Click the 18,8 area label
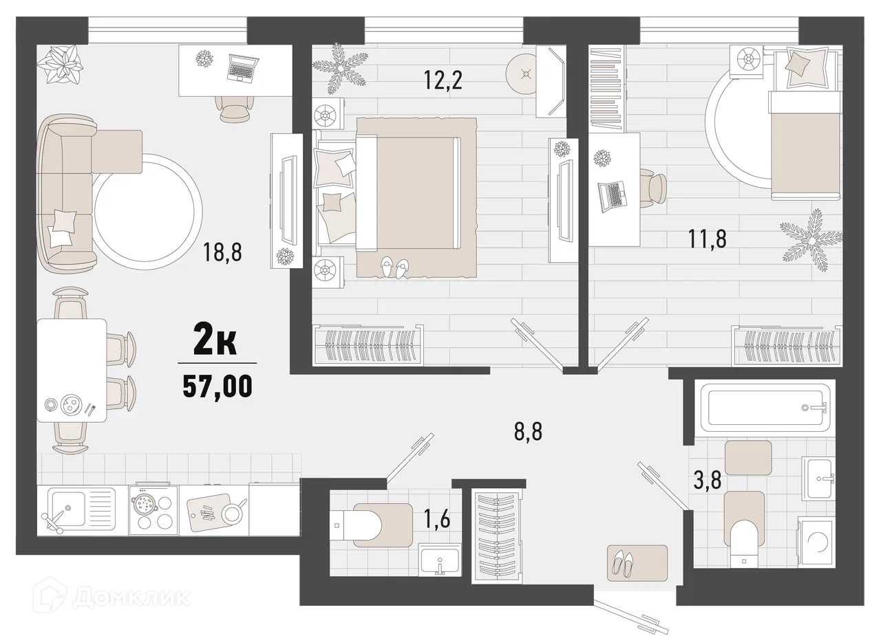(x=222, y=252)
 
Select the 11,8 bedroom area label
(x=707, y=239)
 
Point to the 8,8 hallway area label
(x=528, y=431)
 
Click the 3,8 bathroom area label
(x=707, y=481)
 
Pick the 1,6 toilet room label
(x=436, y=518)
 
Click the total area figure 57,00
(x=217, y=386)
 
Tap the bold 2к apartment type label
(x=215, y=341)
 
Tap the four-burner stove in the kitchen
(x=153, y=511)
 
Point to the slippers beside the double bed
(x=394, y=267)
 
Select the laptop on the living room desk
(x=243, y=67)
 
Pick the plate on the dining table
(x=71, y=404)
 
